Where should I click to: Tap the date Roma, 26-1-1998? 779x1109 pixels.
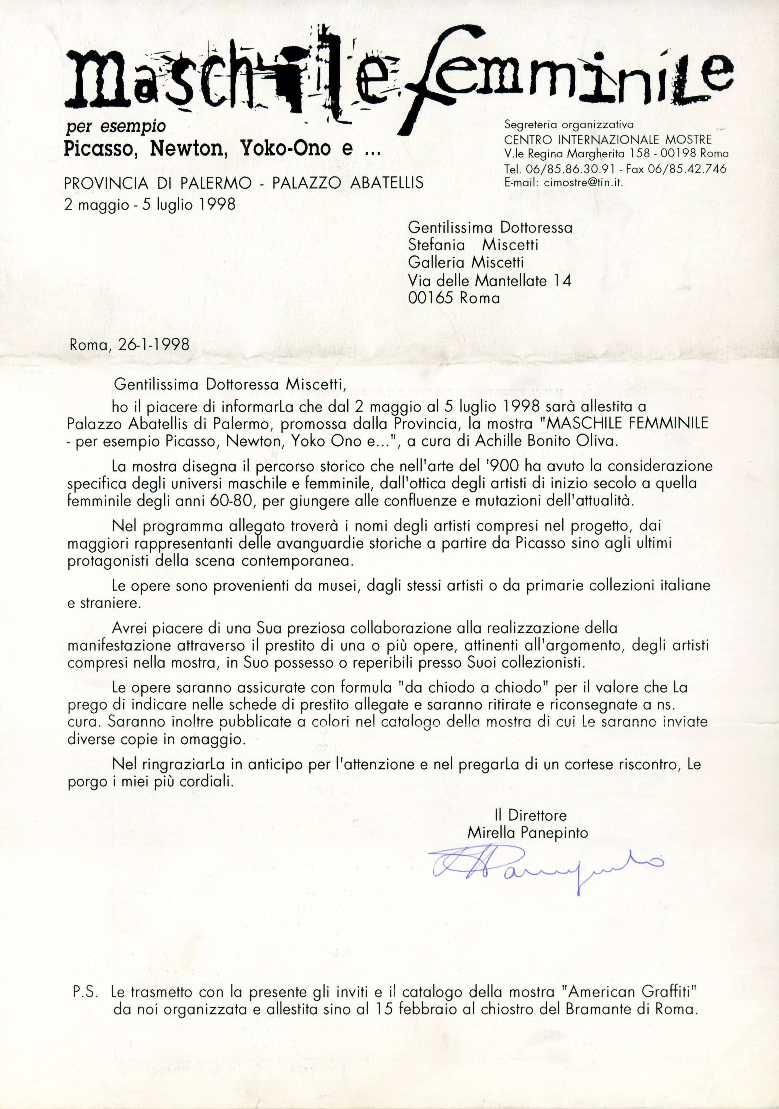129,345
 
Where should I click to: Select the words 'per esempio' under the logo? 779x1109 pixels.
115,126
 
